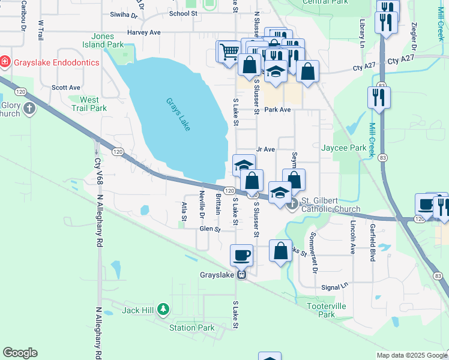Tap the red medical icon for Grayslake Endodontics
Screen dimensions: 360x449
[x=5, y=61]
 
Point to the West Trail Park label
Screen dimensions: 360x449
[x=89, y=104]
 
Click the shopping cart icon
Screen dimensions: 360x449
[x=228, y=52]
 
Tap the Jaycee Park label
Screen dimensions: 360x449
[x=343, y=148]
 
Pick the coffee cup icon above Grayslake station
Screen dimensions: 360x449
[x=242, y=254]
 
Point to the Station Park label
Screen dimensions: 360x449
[x=191, y=328]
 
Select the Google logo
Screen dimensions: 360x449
[x=20, y=353]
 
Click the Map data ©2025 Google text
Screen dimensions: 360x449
[x=411, y=355]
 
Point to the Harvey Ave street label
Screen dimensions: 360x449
[x=144, y=32]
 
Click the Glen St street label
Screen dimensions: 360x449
[x=210, y=229]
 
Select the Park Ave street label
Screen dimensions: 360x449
[x=277, y=110]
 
